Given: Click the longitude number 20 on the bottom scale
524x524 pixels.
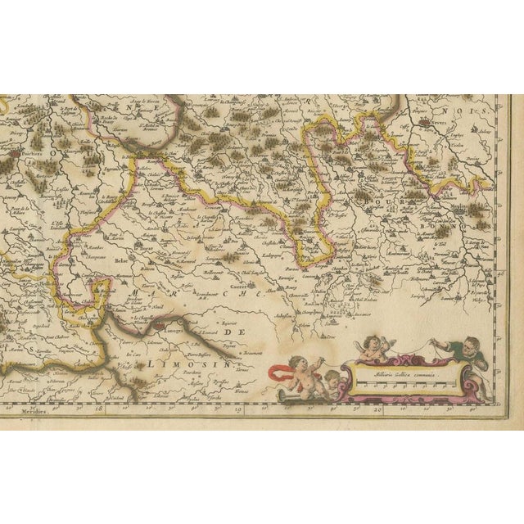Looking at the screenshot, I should pos(377,404).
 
